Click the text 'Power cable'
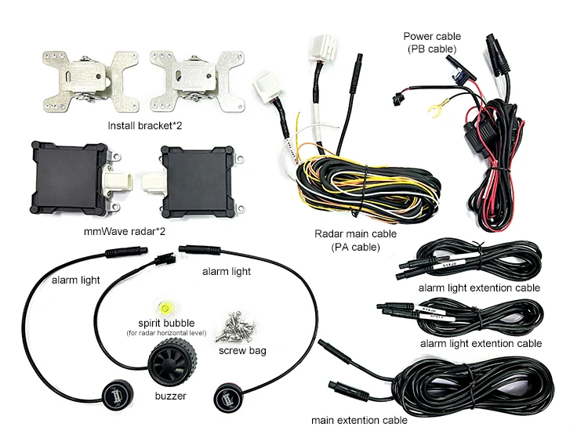point(432,36)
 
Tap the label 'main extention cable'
point(359,421)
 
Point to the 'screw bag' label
point(241,350)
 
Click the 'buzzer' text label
point(166,396)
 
